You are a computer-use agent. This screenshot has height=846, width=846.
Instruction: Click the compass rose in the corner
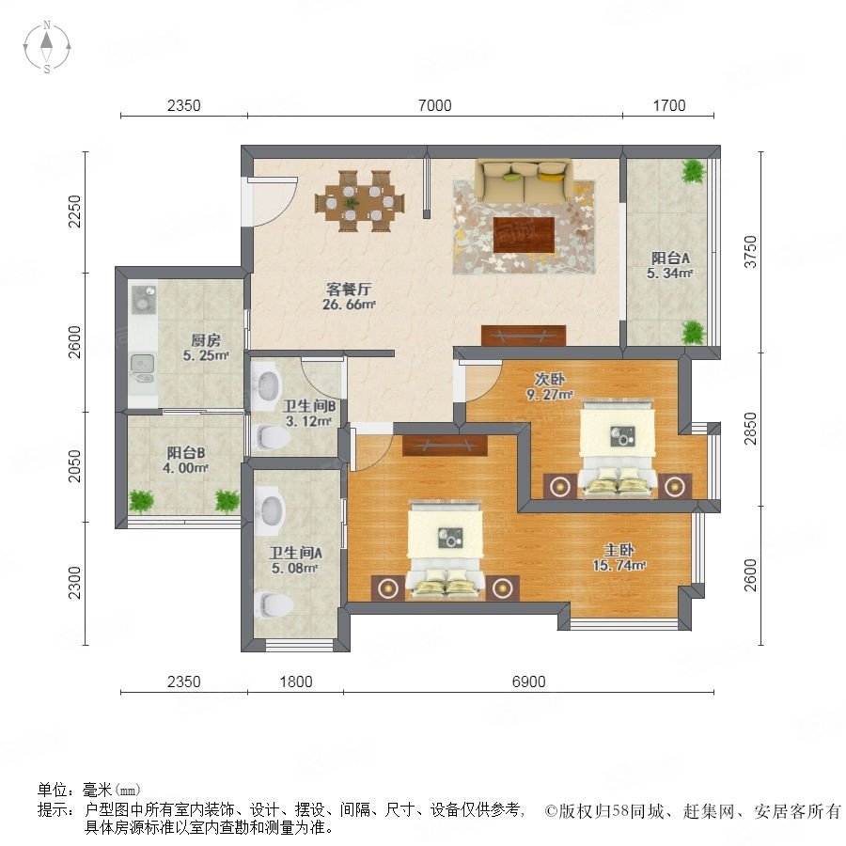(47, 47)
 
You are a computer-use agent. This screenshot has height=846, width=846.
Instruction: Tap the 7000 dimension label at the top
(435, 105)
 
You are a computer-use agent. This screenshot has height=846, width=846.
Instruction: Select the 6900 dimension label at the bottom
(528, 681)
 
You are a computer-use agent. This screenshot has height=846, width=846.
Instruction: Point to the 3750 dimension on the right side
(750, 251)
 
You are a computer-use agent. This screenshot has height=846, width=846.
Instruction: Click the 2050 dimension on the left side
(74, 466)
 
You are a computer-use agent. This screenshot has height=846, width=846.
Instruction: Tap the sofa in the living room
(524, 180)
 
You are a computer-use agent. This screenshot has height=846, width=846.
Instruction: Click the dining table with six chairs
(360, 201)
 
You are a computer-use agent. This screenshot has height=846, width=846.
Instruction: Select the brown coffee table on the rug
(524, 235)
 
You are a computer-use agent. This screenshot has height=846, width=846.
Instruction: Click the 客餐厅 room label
(349, 289)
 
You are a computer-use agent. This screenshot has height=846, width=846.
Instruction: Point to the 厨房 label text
(206, 340)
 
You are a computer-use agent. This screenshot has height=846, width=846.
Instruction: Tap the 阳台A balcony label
(670, 258)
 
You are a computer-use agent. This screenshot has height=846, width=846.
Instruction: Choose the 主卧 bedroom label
(619, 550)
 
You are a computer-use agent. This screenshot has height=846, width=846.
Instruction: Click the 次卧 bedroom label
(549, 379)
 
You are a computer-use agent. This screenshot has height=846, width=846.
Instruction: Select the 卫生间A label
(295, 553)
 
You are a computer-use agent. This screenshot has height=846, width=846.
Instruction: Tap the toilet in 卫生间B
(272, 437)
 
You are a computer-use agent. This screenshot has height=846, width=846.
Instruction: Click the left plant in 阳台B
(140, 501)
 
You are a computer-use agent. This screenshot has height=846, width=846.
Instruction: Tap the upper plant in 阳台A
(694, 172)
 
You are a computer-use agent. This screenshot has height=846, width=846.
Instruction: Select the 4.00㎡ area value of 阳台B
(185, 468)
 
